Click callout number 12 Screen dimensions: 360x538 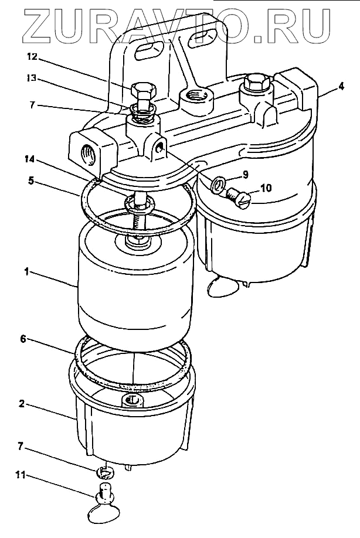(x=32, y=57)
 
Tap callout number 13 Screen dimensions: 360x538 (x=32, y=77)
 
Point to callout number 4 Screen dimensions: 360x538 (x=341, y=86)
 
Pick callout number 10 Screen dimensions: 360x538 (x=266, y=189)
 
